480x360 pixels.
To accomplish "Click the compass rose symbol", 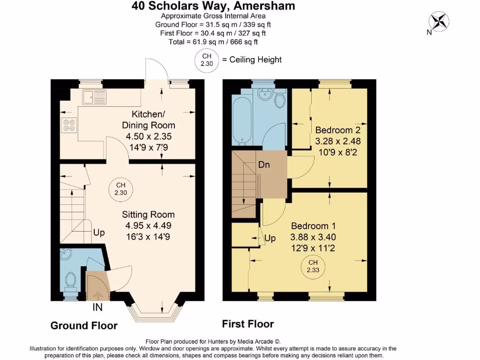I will pos(439,21).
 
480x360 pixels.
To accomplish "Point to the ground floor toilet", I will pos(71,282).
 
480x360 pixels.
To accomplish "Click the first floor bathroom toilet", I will pos(280,100).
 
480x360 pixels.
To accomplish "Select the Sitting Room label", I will pos(148,215).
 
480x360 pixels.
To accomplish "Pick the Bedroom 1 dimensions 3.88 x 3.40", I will pos(313,237).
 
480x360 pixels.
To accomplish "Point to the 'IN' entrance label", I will pos(97,308).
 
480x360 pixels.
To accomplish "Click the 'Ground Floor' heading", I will pos(84,325).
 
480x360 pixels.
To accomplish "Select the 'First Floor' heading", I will pos(247,324).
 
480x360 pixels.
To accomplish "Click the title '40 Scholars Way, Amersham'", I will pos(213,6).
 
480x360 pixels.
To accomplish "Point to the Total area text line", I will pos(213,42).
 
